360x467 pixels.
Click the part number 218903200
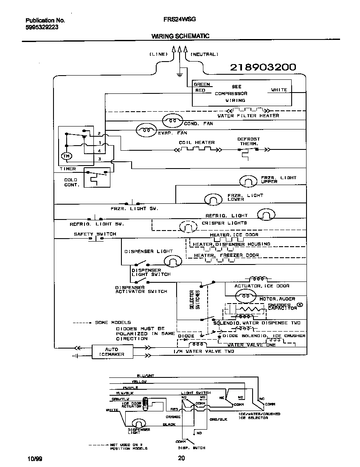[x=263, y=67]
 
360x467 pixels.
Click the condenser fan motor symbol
[x=173, y=121]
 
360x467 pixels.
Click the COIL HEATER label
[x=197, y=143]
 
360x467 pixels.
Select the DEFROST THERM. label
[x=248, y=141]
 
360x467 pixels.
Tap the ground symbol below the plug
[x=180, y=75]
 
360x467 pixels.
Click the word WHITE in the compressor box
[x=279, y=90]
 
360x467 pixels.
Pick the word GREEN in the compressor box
[x=202, y=84]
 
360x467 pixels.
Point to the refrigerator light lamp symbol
[x=266, y=216]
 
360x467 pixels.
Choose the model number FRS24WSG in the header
[x=179, y=20]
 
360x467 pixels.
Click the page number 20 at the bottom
[x=181, y=458]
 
